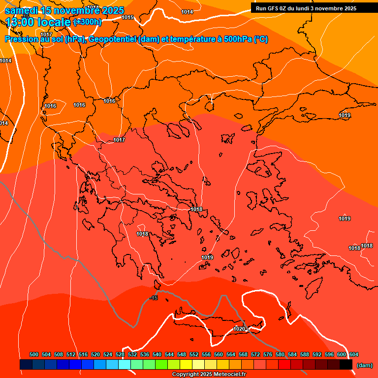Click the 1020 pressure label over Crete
239,329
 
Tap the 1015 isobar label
127,17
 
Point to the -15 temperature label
154,298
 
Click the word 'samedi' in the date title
22,10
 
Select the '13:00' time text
20,22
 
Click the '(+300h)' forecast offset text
87,22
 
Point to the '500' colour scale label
34,354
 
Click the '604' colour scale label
354,354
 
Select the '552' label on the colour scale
194,354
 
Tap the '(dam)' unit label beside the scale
364,365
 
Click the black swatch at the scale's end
346,365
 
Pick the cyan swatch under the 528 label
125,365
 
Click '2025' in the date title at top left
110,10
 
